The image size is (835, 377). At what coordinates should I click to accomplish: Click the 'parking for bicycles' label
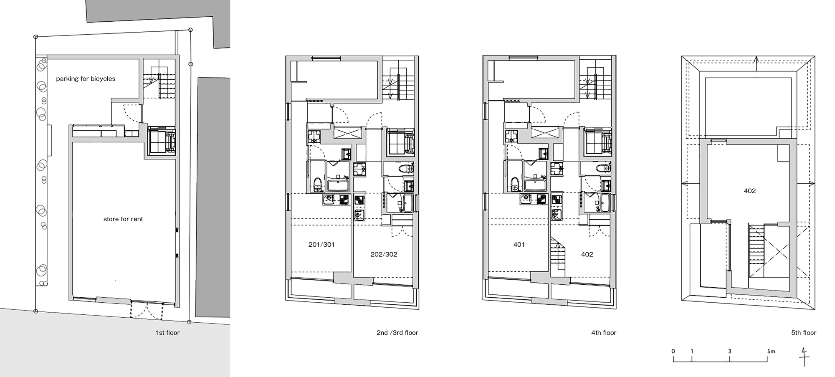tap(86, 78)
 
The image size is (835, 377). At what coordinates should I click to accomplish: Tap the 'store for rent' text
tap(123, 219)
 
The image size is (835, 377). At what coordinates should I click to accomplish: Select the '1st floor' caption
tap(167, 333)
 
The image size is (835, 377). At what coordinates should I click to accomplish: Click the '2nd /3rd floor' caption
tap(397, 333)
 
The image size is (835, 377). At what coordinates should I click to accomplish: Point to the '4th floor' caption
tap(604, 333)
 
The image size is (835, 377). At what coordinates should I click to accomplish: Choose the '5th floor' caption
tap(804, 333)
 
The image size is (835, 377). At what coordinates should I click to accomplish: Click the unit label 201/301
tap(321, 245)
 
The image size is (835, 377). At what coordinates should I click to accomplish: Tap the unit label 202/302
tap(384, 254)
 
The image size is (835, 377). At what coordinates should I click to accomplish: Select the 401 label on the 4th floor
tap(519, 245)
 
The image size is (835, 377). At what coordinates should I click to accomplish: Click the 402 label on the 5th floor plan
tap(750, 191)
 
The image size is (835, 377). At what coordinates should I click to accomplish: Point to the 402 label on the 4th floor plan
tap(587, 254)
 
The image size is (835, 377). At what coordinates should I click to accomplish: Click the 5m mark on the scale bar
tap(771, 351)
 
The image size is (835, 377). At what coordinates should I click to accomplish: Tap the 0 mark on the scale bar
tap(673, 351)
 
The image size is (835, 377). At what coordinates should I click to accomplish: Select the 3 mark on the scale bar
tap(730, 351)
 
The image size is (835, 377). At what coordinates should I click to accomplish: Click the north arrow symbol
tap(804, 357)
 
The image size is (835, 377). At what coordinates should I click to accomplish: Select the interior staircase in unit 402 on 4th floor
tap(557, 257)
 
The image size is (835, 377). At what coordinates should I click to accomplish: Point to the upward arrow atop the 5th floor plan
tap(757, 61)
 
